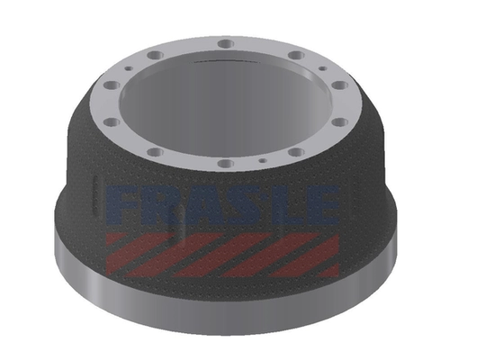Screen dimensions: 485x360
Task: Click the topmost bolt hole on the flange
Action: (226, 43)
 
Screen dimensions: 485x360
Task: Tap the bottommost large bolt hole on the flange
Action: (226, 163)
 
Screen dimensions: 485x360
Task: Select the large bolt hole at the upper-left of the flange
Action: (156, 56)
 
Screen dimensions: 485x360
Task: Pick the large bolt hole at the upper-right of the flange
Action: (296, 56)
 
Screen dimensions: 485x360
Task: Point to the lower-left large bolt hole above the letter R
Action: (156, 152)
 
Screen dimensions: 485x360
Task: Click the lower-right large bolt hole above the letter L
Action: (296, 152)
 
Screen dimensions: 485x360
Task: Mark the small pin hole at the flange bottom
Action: (263, 160)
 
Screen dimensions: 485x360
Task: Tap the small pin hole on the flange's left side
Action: (130, 68)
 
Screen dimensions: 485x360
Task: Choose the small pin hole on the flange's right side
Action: (323, 68)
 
